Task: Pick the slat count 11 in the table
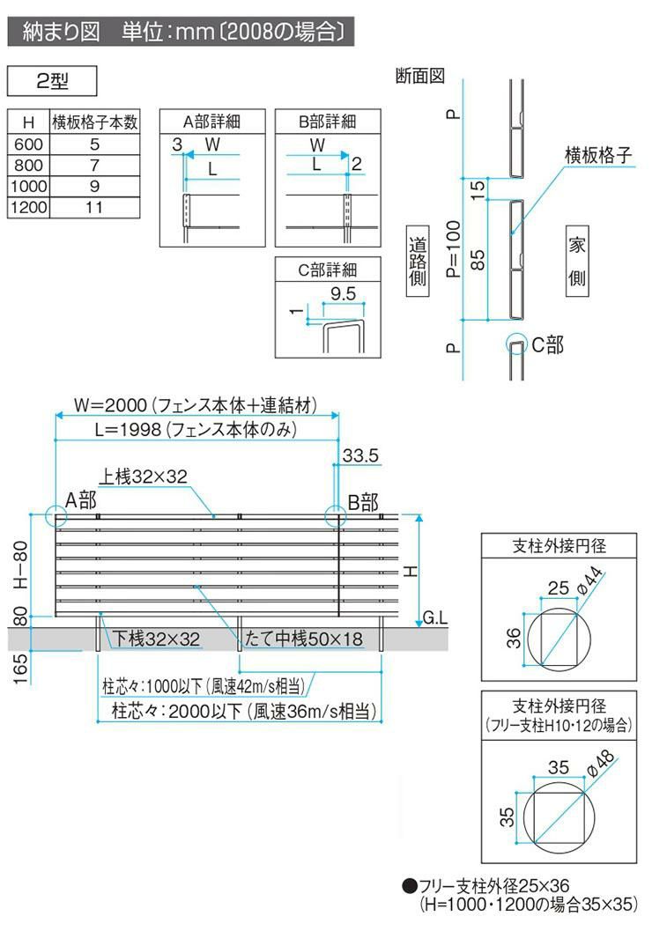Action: coord(95,207)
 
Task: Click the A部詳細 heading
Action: coord(211,122)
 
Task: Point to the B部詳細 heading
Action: coord(327,122)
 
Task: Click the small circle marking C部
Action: coord(515,344)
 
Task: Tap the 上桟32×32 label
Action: coord(144,477)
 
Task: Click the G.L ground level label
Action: coord(435,618)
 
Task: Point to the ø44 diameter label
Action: coord(591,580)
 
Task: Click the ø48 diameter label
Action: coord(598,762)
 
